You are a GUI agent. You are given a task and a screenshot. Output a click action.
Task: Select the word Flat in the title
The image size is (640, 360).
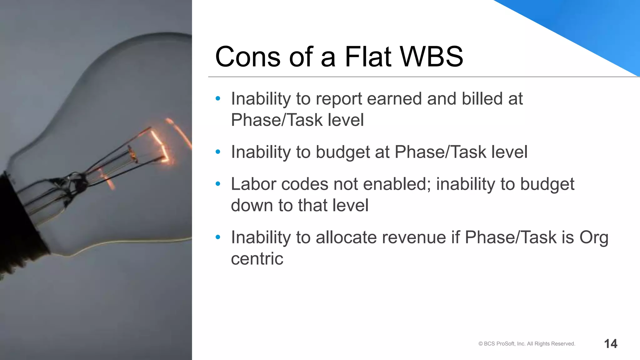[x=368, y=57]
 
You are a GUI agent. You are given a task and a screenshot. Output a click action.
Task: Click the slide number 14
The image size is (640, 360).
[x=611, y=344]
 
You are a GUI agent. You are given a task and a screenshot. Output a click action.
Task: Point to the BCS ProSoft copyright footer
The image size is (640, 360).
[x=527, y=344]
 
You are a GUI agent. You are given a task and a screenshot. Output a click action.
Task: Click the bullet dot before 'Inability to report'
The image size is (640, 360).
[x=218, y=99]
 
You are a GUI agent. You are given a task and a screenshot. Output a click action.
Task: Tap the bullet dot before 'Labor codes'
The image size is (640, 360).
[x=218, y=184]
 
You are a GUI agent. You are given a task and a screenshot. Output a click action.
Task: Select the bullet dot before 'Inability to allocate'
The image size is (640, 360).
[x=218, y=237]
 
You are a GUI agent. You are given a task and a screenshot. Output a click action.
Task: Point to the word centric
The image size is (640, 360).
[x=257, y=259]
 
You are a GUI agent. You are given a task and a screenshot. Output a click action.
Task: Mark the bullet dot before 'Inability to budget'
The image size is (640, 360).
[x=218, y=152]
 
